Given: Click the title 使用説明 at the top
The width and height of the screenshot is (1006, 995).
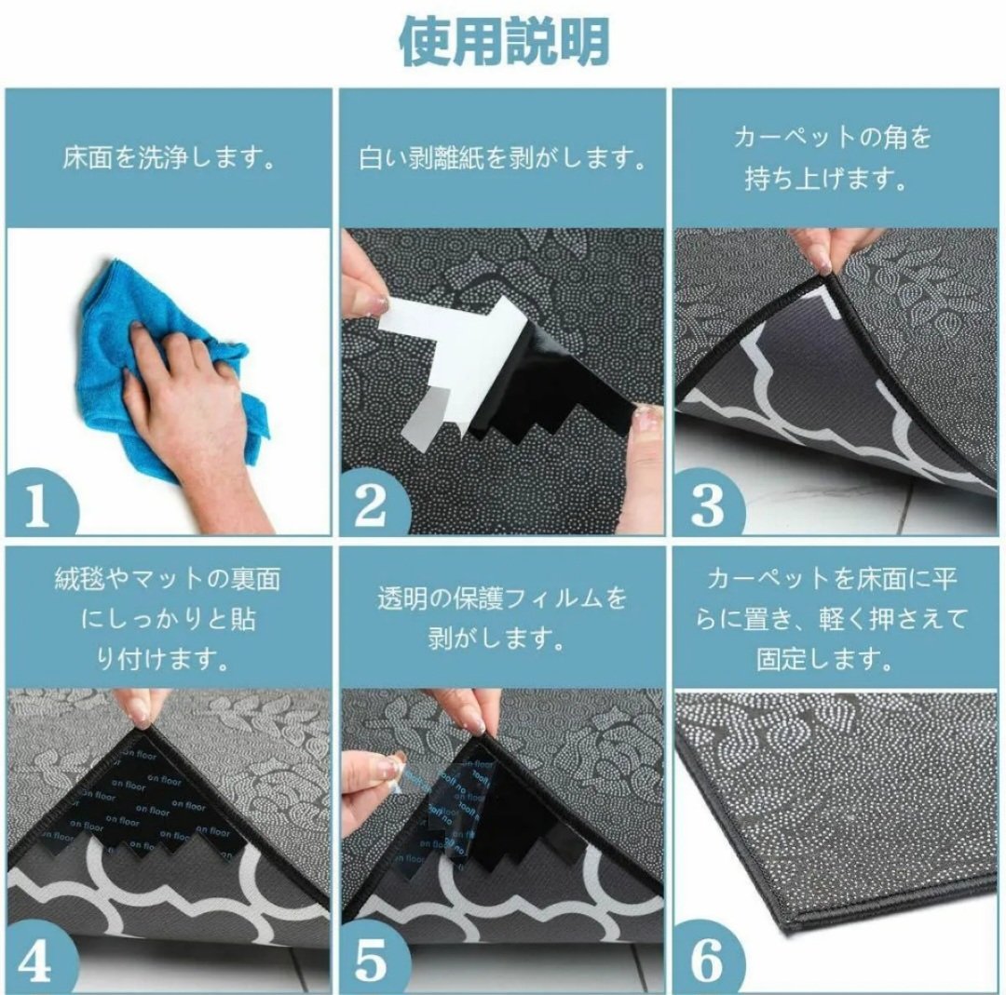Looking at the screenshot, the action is [504, 41].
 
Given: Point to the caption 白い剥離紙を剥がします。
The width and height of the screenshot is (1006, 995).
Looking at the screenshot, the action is [502, 157].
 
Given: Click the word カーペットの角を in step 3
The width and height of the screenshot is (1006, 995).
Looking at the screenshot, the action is [832, 137].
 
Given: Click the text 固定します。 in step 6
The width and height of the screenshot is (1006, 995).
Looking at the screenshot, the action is [825, 659].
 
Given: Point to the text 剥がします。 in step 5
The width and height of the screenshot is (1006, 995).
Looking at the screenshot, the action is [496, 639].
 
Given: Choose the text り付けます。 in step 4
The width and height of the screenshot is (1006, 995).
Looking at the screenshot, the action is [163, 659].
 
